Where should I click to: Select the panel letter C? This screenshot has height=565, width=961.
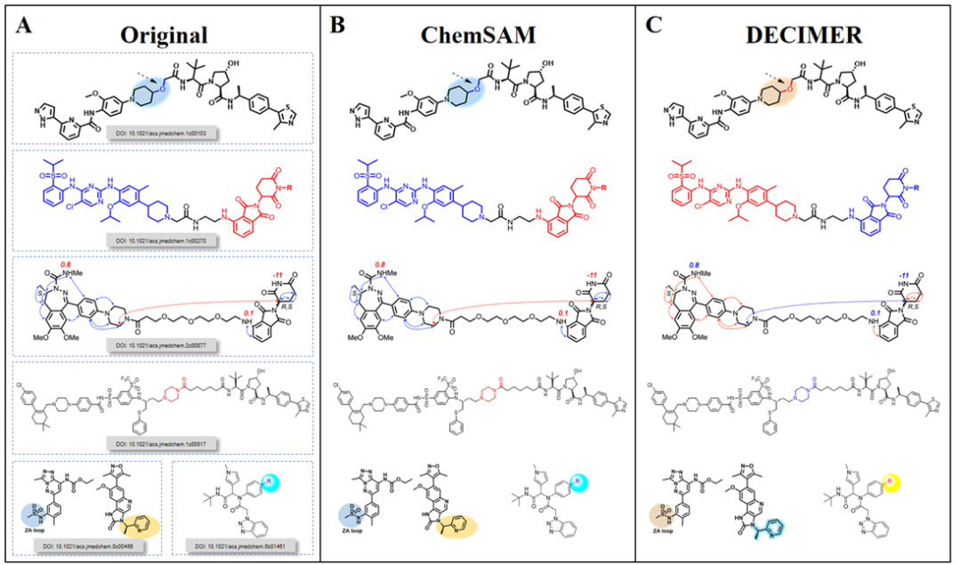click(x=654, y=26)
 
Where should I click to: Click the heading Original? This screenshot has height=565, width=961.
click(x=166, y=35)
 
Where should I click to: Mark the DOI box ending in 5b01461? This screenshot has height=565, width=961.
click(x=240, y=542)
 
